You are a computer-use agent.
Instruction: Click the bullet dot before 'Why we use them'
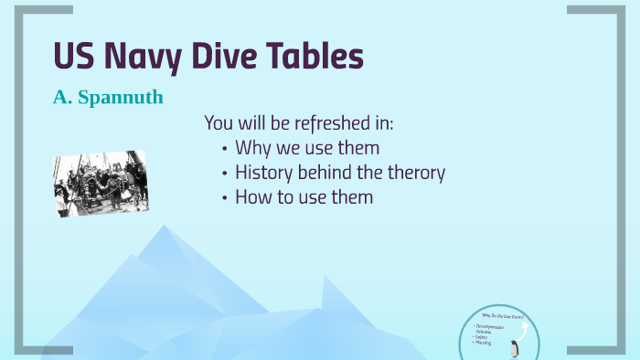pyautogui.click(x=225, y=148)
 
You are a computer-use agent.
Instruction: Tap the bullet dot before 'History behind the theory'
pyautogui.click(x=225, y=173)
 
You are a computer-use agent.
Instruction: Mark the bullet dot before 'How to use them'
pyautogui.click(x=225, y=197)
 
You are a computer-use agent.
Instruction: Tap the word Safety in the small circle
pyautogui.click(x=481, y=337)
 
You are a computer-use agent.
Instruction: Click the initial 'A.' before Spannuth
pyautogui.click(x=62, y=96)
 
